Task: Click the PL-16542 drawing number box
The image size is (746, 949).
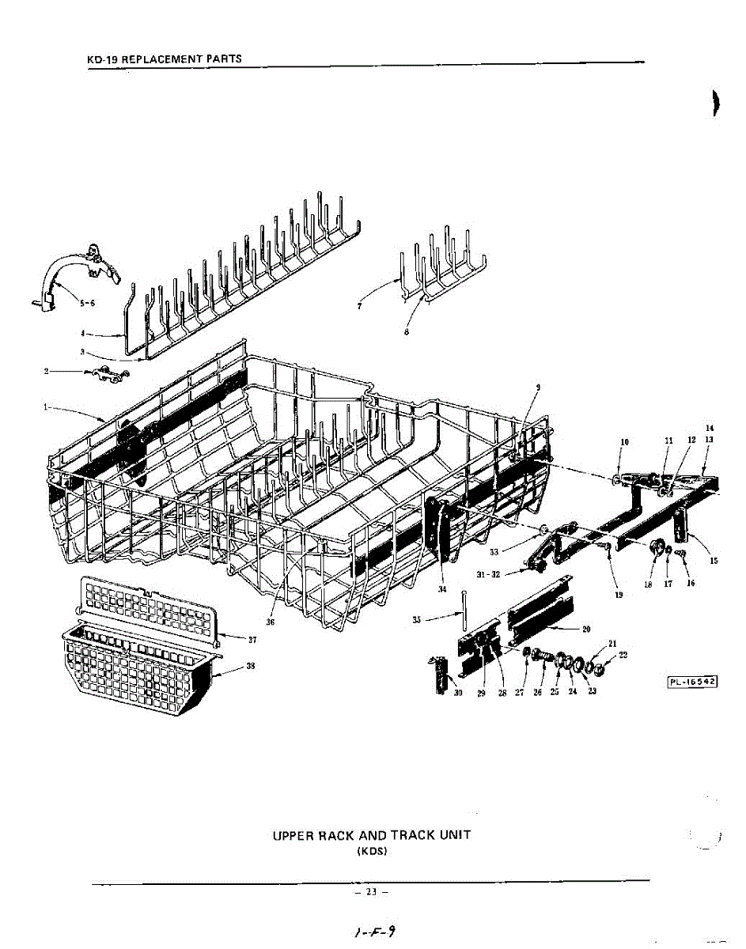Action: pos(691,682)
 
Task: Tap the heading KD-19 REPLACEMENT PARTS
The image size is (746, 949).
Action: pos(164,59)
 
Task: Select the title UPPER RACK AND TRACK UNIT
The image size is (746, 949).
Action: pos(372,835)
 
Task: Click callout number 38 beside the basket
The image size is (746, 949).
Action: pos(250,666)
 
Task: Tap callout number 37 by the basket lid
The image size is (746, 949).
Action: pos(252,639)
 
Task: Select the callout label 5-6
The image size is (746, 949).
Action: pos(88,302)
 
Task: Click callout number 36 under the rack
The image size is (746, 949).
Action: pos(271,599)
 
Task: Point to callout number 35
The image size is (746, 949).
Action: pos(417,620)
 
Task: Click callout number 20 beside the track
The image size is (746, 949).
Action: pos(586,629)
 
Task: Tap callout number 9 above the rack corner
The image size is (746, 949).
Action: pos(539,387)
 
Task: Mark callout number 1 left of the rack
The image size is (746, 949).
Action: pos(45,407)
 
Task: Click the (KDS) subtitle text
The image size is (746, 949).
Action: pos(372,852)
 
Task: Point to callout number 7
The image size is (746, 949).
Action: pos(358,306)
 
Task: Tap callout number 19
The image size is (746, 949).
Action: pos(618,594)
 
